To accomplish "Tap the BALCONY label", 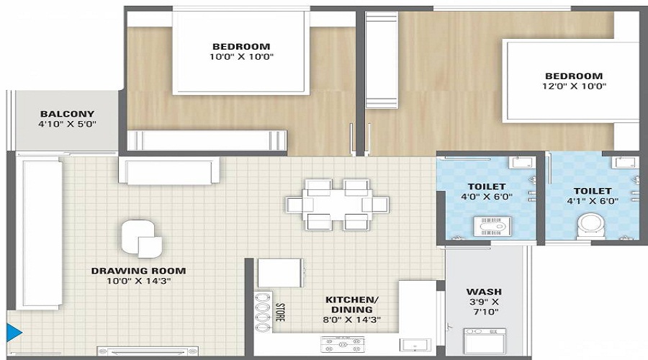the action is click(x=68, y=114).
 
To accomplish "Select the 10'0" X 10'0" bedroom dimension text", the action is click(x=241, y=57).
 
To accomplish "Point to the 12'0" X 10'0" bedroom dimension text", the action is click(x=574, y=86).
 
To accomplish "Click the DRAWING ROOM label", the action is click(x=138, y=271).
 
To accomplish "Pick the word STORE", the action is click(x=280, y=312).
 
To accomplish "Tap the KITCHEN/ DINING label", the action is click(x=352, y=305).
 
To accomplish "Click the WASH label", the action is click(x=484, y=292).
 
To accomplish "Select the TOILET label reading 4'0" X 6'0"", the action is click(x=487, y=186).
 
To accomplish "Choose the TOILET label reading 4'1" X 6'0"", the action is click(x=593, y=191).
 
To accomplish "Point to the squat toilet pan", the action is click(x=492, y=227).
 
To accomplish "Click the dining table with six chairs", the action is click(x=337, y=204).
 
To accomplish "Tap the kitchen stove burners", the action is click(x=343, y=344).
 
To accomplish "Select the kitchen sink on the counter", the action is click(x=415, y=345).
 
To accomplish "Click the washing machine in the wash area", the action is click(x=485, y=341).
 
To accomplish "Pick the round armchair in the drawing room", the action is click(x=141, y=238).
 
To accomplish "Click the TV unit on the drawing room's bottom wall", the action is click(x=148, y=351).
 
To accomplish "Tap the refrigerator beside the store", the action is click(x=281, y=273).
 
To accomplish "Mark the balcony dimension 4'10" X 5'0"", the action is click(x=68, y=124).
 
